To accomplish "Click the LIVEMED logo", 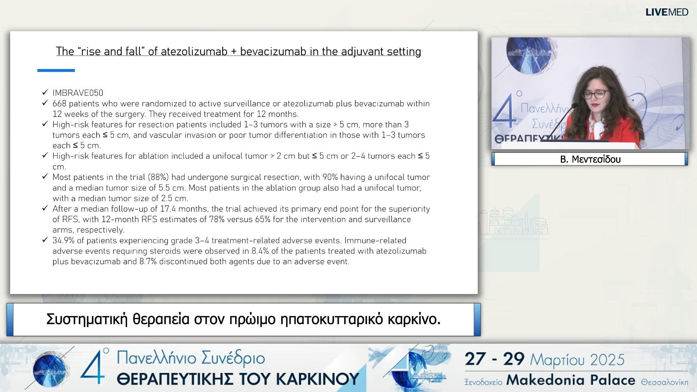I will [x=667, y=12].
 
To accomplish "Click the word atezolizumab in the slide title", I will [x=194, y=52].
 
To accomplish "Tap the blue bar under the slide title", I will [x=56, y=70].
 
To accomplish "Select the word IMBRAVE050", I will [x=78, y=93].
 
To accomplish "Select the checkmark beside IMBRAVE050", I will [x=45, y=93].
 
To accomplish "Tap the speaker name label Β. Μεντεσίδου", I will [x=590, y=159].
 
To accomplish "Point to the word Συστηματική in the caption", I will [x=87, y=319].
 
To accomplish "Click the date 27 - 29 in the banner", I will [x=494, y=359].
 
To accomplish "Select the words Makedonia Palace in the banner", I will [x=571, y=380].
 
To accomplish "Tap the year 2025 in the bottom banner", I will [x=607, y=360].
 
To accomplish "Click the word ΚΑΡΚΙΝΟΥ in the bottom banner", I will [x=318, y=379].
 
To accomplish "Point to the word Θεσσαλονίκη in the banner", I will [x=664, y=382].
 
